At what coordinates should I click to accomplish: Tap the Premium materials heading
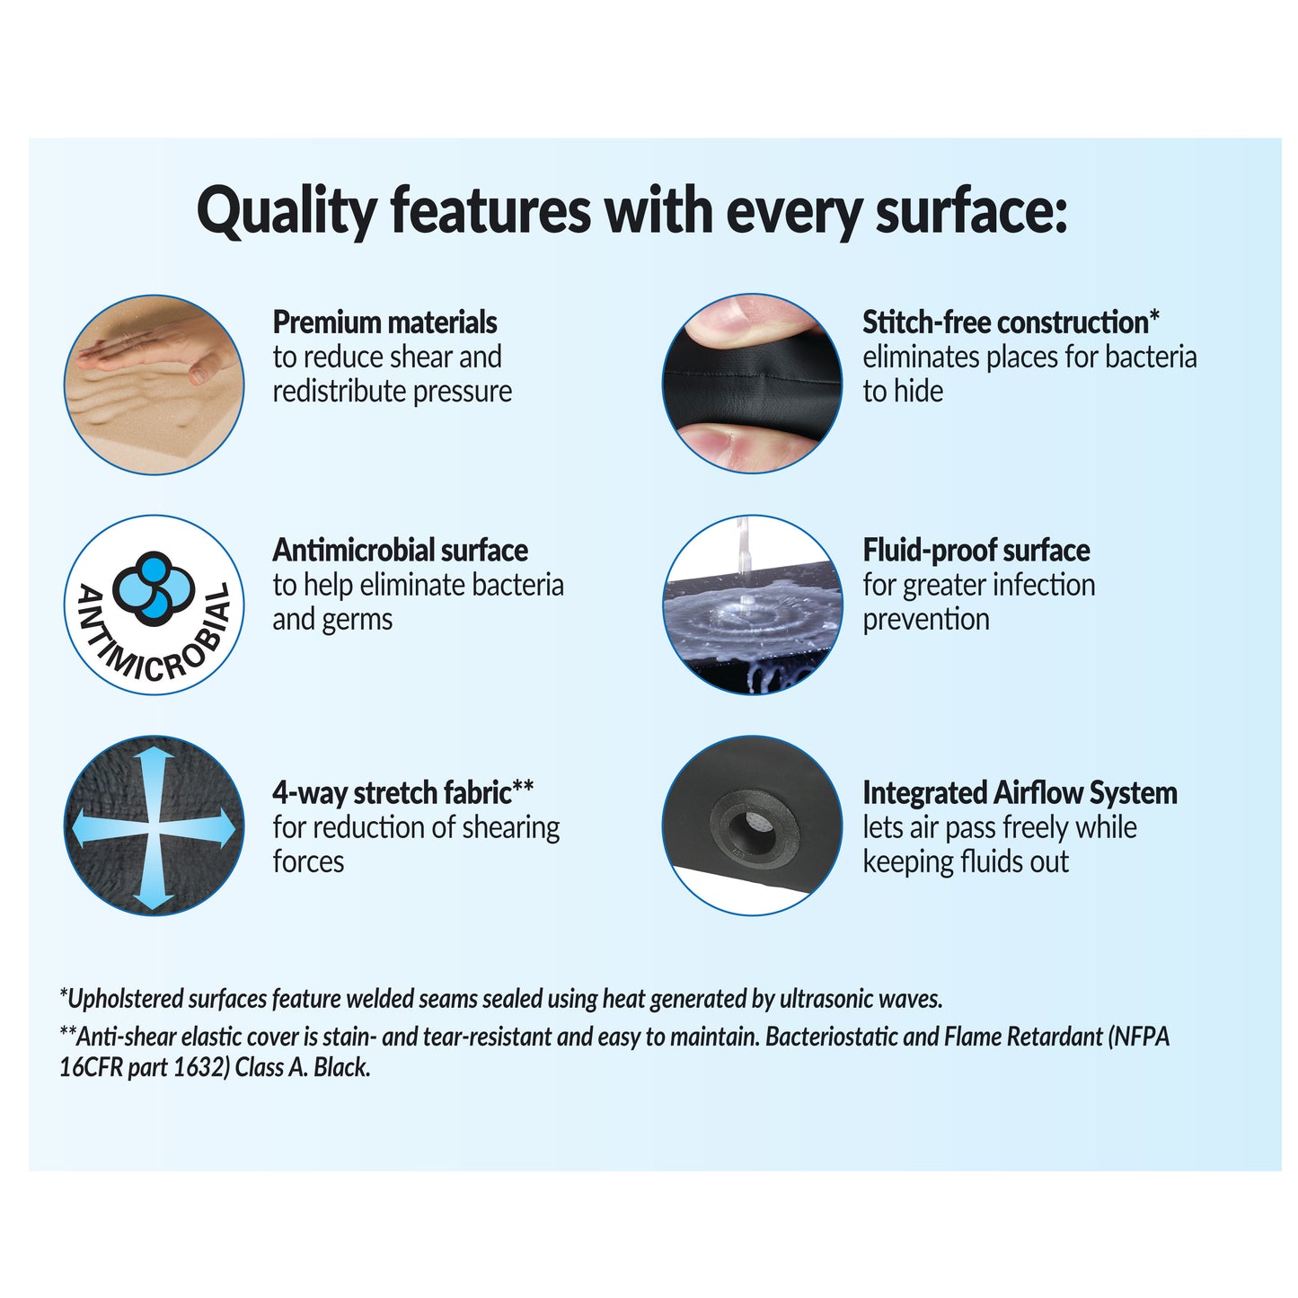tap(384, 322)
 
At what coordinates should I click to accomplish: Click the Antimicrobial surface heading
tap(400, 551)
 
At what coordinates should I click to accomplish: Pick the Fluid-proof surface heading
tap(976, 551)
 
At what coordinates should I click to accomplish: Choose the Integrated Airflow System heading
tap(1019, 793)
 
